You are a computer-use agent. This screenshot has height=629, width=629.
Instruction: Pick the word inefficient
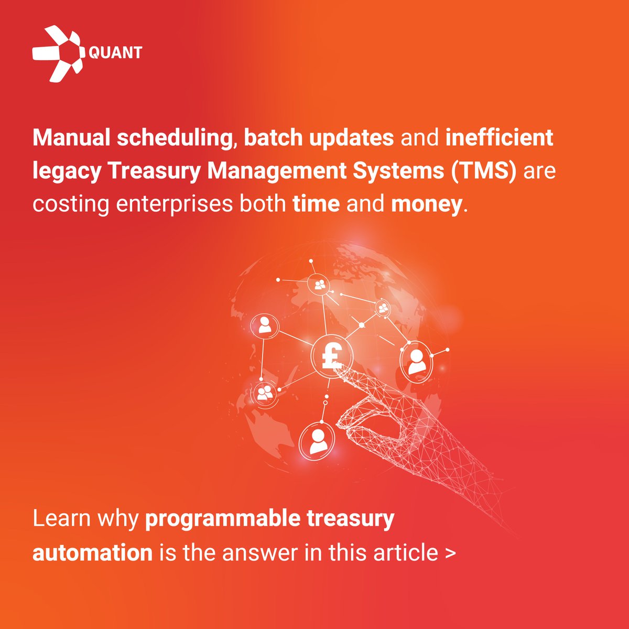(499, 138)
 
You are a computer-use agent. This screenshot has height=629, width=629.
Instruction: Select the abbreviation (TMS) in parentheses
(481, 171)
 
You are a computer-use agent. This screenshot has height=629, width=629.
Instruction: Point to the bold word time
(316, 204)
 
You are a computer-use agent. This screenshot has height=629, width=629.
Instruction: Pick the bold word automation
(92, 553)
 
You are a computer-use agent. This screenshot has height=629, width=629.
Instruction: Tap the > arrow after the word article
(450, 554)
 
